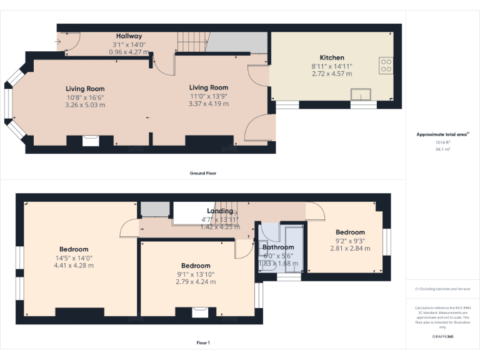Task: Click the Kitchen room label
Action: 331,57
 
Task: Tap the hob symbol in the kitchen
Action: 386,66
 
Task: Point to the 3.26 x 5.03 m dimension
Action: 85,105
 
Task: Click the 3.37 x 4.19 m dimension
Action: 209,104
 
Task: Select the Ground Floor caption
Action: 202,173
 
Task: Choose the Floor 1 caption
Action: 202,343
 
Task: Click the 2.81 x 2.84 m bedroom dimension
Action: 350,248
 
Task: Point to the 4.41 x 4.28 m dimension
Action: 74,266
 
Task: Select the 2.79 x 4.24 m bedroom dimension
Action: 196,282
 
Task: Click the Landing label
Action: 219,211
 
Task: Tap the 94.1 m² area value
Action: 442,149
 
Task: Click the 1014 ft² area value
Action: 442,142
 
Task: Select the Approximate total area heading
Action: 442,134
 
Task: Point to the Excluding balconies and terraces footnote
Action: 442,289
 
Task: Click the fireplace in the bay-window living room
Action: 91,141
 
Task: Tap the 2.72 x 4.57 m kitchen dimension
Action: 331,74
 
